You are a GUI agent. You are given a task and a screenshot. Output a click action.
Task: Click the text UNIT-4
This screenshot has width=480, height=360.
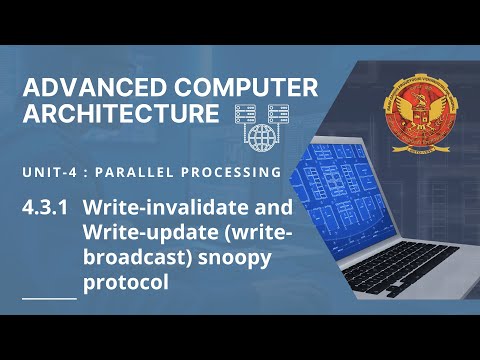tap(49, 173)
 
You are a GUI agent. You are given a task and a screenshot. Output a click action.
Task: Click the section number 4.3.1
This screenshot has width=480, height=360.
tap(48, 210)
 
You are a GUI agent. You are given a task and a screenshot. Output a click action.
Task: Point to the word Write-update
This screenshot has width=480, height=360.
tap(131, 235)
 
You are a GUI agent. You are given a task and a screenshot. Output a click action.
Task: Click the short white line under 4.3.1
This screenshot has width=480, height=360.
tap(48, 298)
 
